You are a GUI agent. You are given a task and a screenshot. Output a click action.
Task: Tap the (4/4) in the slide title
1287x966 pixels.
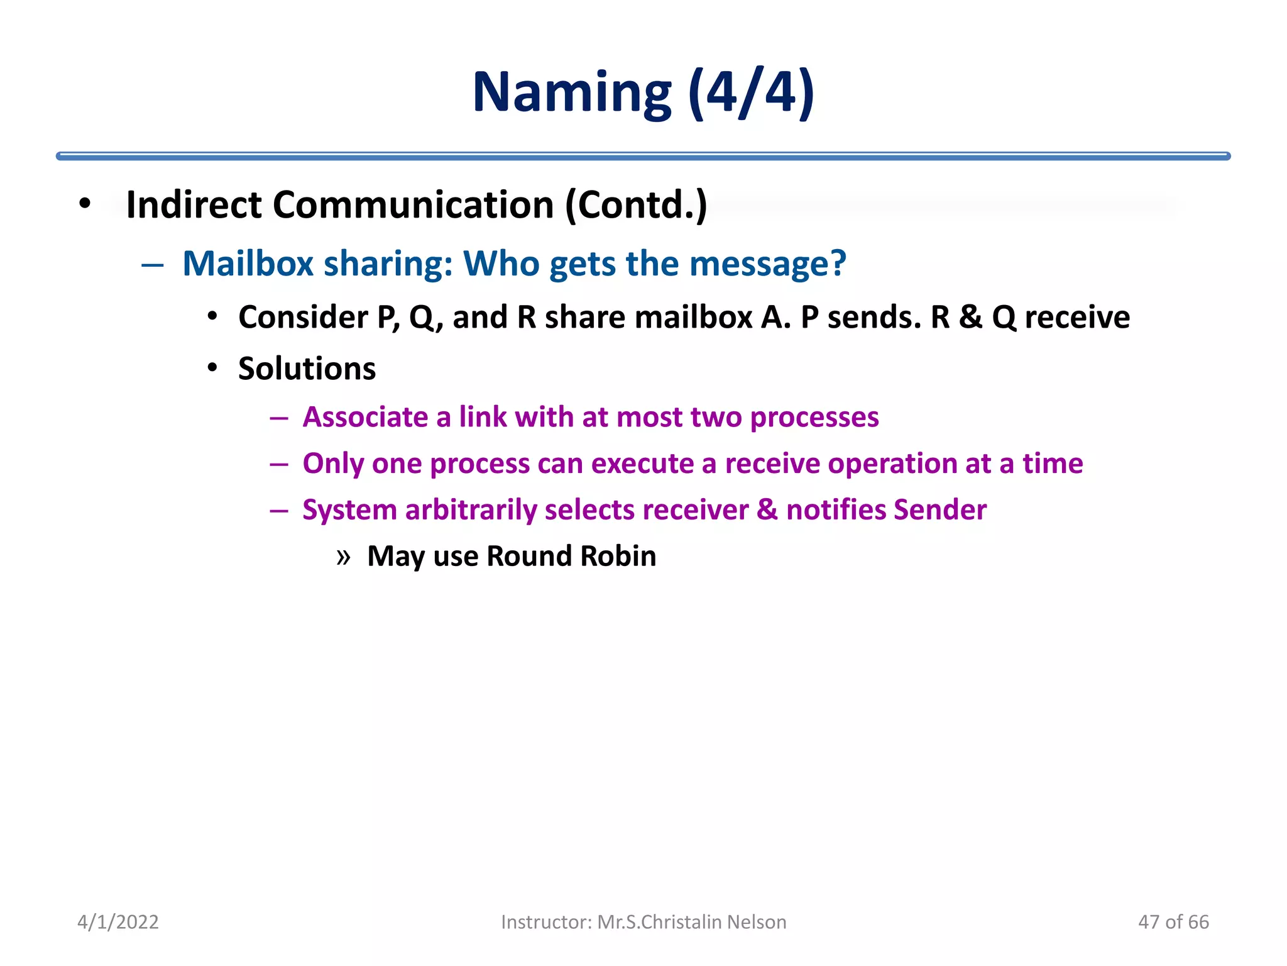[x=751, y=93]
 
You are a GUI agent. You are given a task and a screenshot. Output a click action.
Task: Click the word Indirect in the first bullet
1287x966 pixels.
[x=194, y=205]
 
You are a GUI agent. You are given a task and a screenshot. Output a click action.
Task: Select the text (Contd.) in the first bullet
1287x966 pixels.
[x=636, y=205]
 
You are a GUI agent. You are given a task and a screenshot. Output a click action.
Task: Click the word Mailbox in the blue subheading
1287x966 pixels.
[x=248, y=264]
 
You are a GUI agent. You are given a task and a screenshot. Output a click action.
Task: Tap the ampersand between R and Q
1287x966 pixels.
[x=970, y=317]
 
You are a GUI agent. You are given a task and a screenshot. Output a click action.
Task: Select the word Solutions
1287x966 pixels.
[x=307, y=369]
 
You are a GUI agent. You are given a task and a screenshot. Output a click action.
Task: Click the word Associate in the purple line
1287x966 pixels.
[x=365, y=418]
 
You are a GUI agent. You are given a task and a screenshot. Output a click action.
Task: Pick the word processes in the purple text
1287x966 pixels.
[x=814, y=418]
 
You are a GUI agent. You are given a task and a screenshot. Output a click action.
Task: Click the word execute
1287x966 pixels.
[x=642, y=464]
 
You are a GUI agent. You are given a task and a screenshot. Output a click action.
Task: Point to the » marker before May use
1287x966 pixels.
[x=343, y=557]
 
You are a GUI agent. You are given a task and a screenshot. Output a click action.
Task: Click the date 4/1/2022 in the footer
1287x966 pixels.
[x=118, y=922]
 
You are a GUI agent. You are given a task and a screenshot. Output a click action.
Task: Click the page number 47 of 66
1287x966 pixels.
[x=1173, y=922]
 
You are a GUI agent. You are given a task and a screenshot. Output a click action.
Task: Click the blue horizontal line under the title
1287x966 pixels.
[x=643, y=156]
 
